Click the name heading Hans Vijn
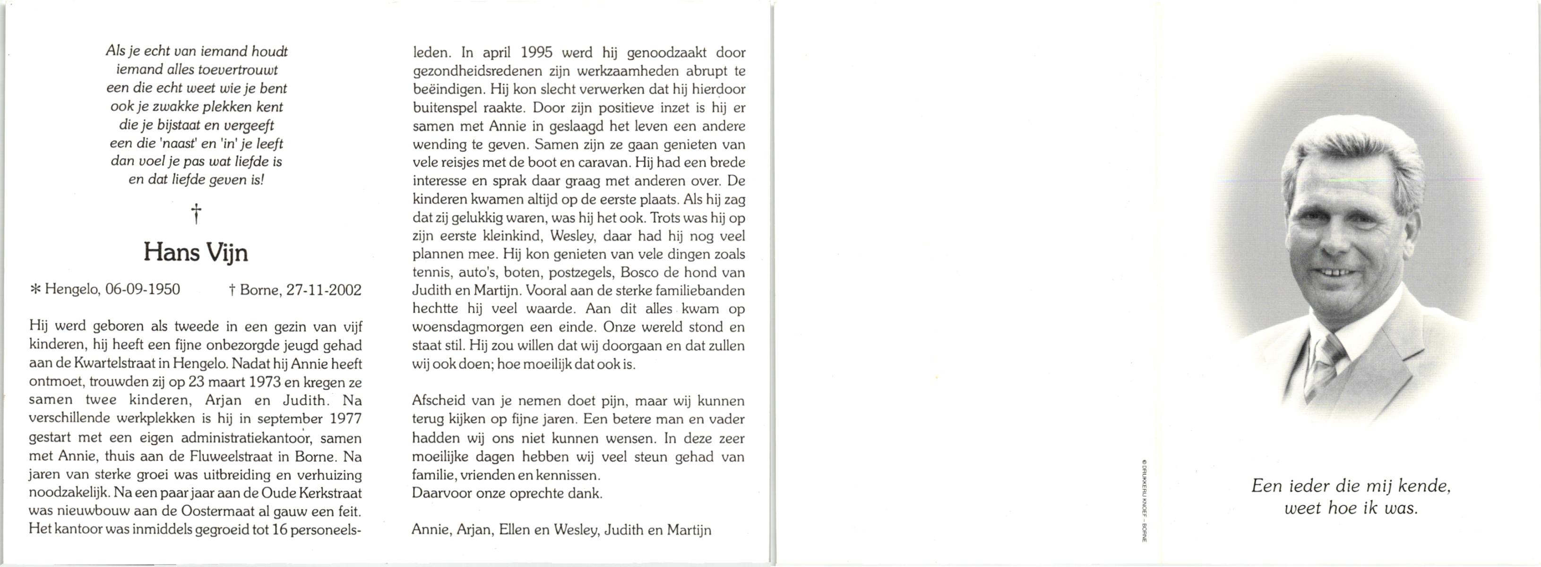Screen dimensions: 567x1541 tap(195, 253)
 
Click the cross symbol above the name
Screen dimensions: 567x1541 tap(196, 213)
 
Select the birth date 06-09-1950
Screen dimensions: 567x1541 tap(142, 290)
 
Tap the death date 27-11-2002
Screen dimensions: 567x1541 tap(324, 291)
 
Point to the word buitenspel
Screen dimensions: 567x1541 tap(441, 108)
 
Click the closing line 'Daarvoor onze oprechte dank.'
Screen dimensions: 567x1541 tap(507, 493)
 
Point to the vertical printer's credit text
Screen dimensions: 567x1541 tap(1145, 500)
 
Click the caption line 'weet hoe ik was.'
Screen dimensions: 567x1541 tap(1351, 509)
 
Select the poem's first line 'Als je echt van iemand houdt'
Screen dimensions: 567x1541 tap(197, 52)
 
